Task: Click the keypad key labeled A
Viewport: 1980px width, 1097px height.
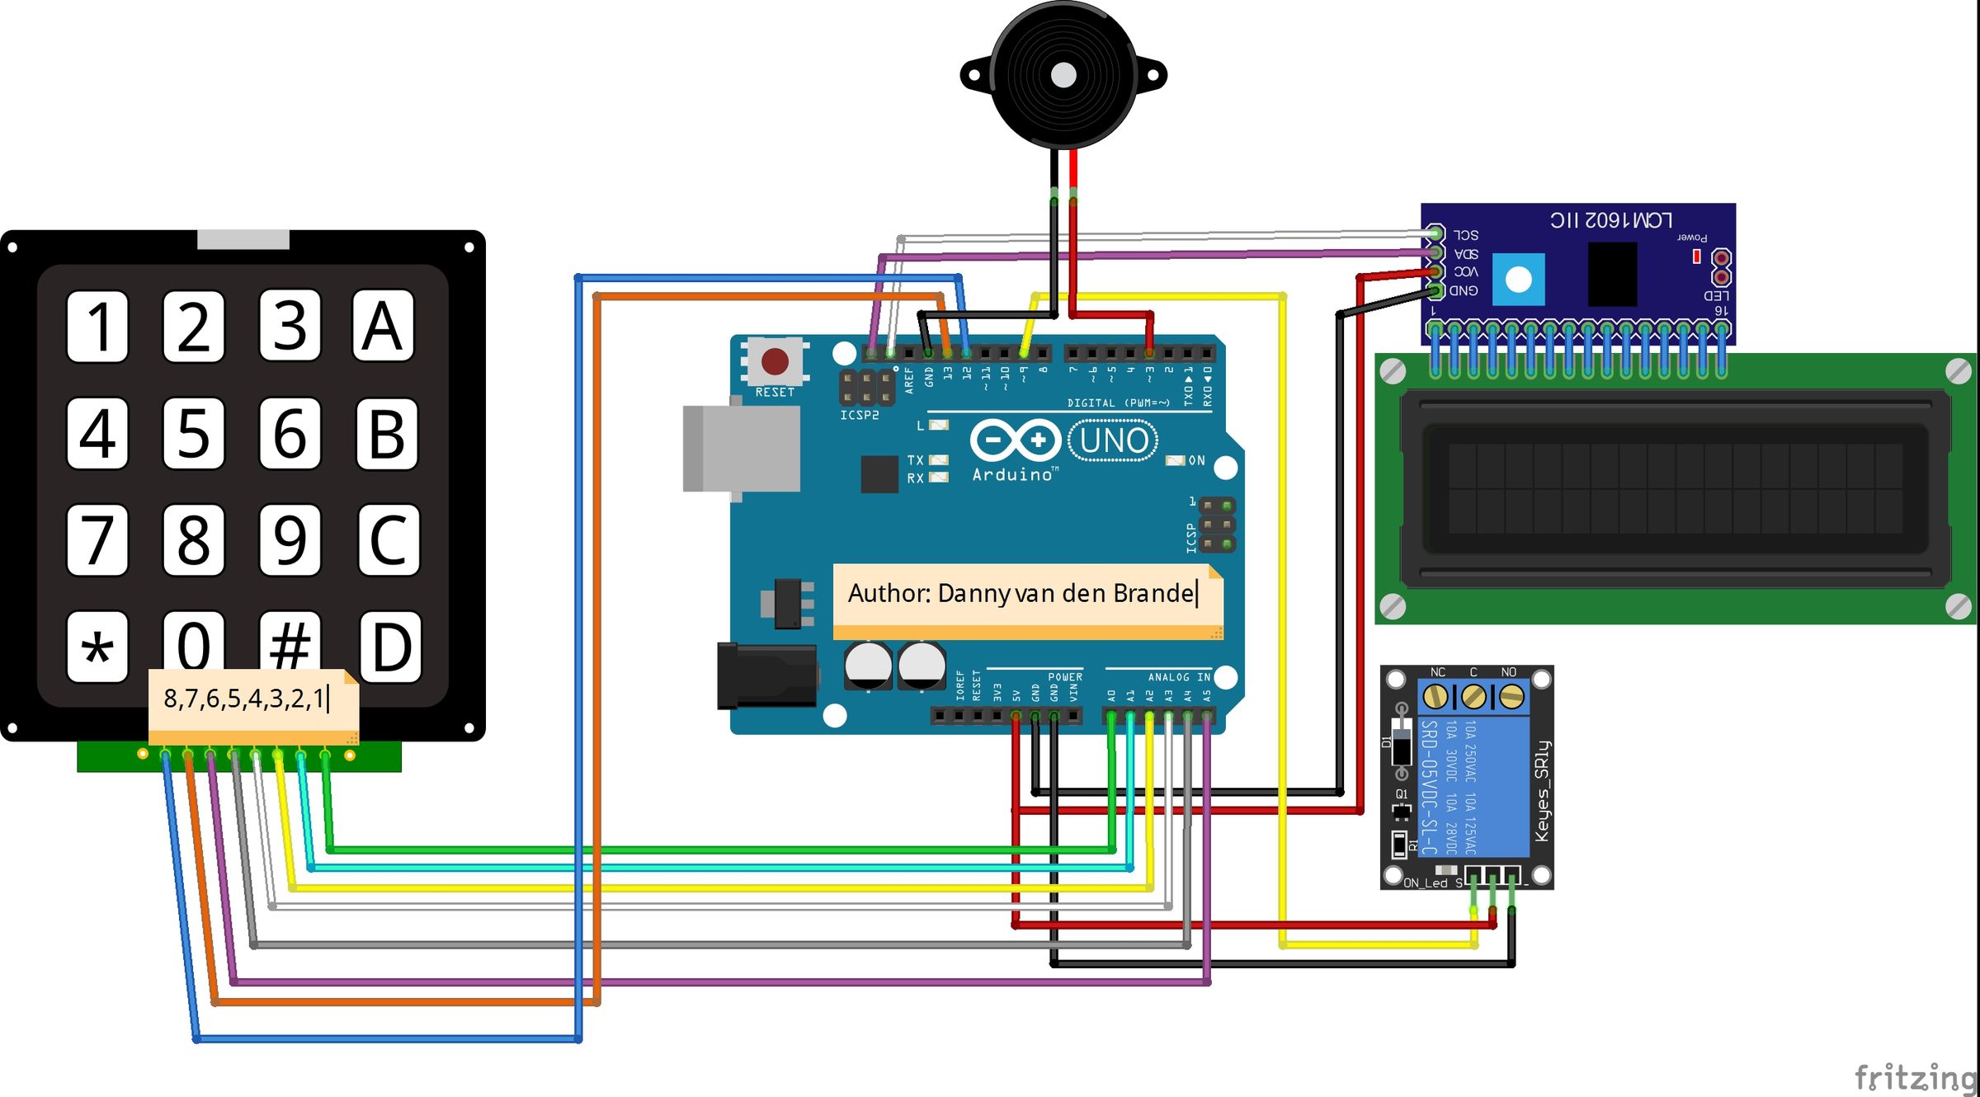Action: [383, 326]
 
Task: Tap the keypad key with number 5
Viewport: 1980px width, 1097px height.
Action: [193, 433]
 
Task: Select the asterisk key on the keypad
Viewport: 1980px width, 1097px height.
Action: [97, 647]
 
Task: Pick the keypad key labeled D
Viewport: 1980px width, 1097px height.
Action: [391, 646]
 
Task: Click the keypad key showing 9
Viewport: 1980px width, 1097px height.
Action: [290, 540]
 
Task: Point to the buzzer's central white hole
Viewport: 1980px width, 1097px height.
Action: [1063, 76]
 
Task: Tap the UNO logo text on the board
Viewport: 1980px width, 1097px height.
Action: [1113, 441]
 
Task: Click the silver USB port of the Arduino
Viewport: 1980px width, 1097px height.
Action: [741, 448]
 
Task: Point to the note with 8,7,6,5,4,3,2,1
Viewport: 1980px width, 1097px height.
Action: [246, 699]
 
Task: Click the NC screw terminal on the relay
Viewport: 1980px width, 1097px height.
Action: [1436, 697]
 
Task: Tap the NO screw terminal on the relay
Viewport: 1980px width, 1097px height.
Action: [1511, 697]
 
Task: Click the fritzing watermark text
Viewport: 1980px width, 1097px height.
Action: [1914, 1077]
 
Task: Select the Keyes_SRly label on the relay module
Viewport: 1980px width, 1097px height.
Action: [1541, 792]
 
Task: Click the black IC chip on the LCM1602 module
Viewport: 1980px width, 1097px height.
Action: [1612, 274]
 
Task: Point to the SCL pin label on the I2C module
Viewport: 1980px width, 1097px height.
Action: [1466, 235]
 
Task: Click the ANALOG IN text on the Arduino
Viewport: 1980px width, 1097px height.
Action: [1179, 677]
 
